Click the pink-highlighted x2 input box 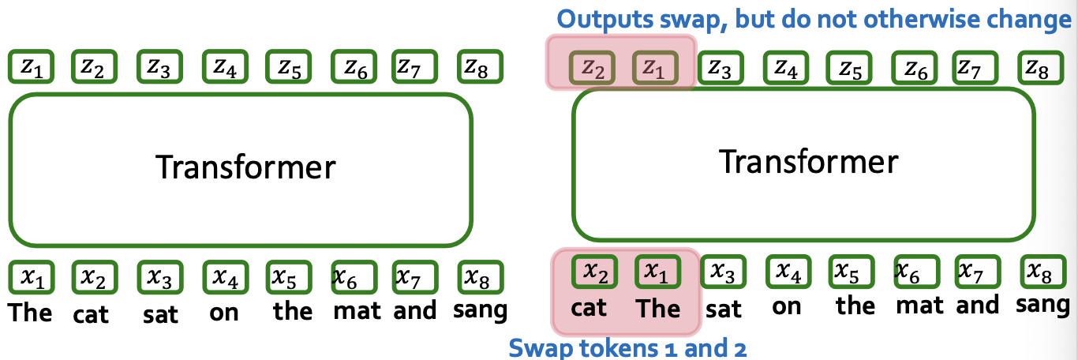click(x=593, y=272)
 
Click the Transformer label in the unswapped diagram click(x=245, y=167)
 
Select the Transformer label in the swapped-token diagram click(x=808, y=162)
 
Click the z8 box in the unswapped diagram click(x=477, y=69)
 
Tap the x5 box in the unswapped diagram click(x=286, y=277)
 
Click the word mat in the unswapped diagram click(x=357, y=311)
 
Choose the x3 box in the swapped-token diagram click(x=720, y=272)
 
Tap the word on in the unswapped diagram click(x=223, y=312)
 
